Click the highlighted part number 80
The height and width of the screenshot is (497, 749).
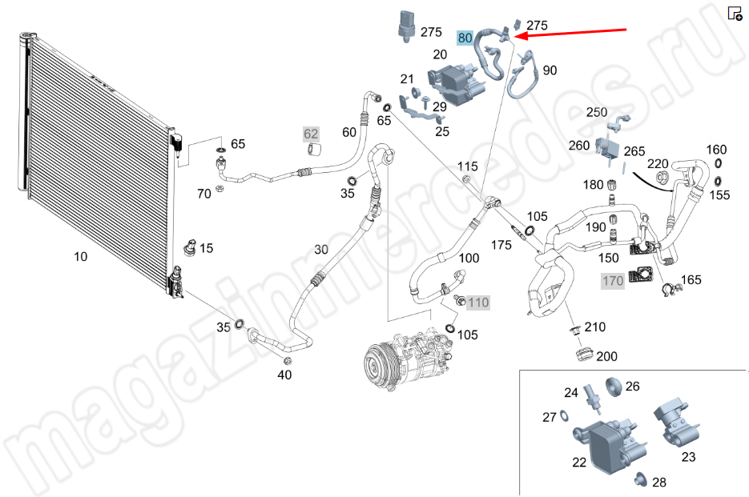pyautogui.click(x=465, y=38)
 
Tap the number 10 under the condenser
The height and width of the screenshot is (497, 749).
pyautogui.click(x=80, y=257)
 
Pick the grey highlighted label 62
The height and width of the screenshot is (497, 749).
pyautogui.click(x=311, y=134)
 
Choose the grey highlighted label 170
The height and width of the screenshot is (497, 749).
pyautogui.click(x=613, y=281)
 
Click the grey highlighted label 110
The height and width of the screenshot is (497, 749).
pyautogui.click(x=478, y=303)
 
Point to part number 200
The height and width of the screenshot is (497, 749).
pyautogui.click(x=607, y=356)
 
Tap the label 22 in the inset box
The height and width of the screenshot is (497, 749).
pyautogui.click(x=578, y=463)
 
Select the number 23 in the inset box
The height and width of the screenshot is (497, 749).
pyautogui.click(x=688, y=457)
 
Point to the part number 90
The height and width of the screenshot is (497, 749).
pyautogui.click(x=550, y=70)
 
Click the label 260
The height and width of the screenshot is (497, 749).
pyautogui.click(x=578, y=146)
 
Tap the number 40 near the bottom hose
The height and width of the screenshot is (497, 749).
pyautogui.click(x=285, y=375)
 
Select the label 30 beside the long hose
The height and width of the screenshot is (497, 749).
pyautogui.click(x=321, y=250)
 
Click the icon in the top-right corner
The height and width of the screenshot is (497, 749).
pyautogui.click(x=734, y=13)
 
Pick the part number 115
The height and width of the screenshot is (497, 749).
pyautogui.click(x=468, y=166)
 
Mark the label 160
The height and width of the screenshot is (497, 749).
pyautogui.click(x=716, y=150)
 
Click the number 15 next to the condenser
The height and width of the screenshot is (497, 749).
pyautogui.click(x=207, y=248)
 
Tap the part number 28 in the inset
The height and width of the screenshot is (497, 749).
pyautogui.click(x=658, y=483)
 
